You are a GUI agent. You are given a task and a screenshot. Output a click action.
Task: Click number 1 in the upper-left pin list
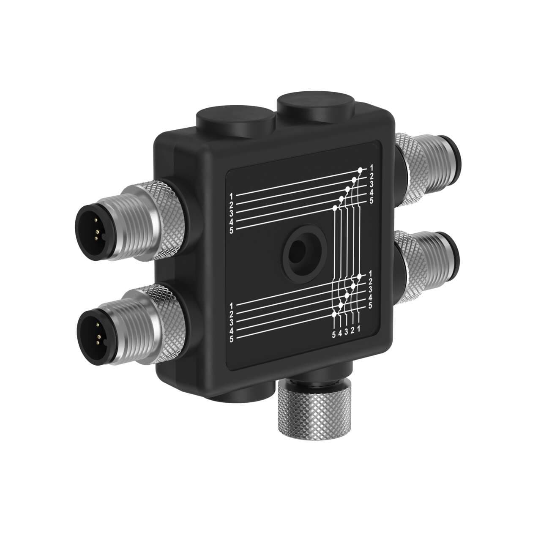pyautogui.click(x=231, y=196)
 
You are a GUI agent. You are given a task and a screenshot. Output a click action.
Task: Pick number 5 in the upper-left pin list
pyautogui.click(x=231, y=230)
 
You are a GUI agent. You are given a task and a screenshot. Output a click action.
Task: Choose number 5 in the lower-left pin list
pyautogui.click(x=231, y=339)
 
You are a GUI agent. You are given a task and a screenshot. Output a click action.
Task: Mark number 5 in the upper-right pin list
pyautogui.click(x=371, y=200)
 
